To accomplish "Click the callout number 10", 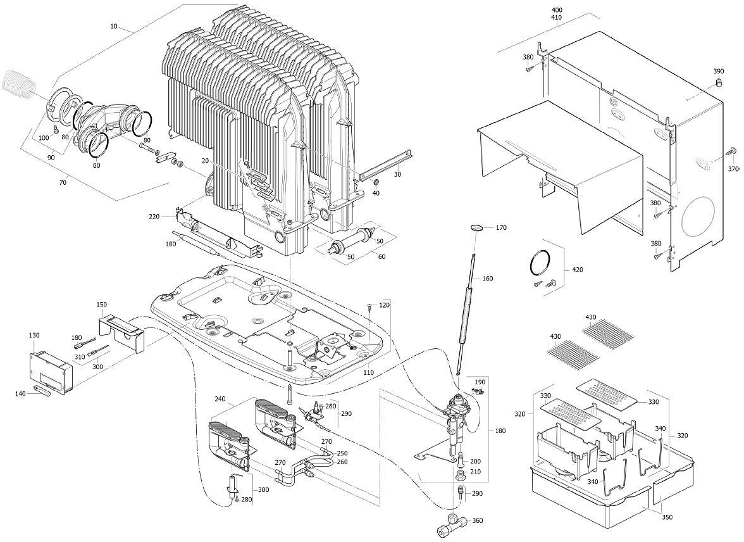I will pos(114,27).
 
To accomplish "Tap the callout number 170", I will pos(501,228).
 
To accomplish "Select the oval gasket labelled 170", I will pos(478,227).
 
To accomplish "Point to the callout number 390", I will pos(719,72).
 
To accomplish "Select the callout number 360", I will pos(478,521).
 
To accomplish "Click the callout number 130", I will pos(34,335).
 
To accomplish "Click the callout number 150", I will pos(101,305).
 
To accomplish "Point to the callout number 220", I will pos(154,217).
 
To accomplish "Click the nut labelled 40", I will pos(375,183).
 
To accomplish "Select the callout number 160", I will pos(487,279).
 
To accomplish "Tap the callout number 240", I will pos(220,399).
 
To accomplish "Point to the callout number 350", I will pos(667,517).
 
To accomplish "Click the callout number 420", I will pos(577,270).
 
